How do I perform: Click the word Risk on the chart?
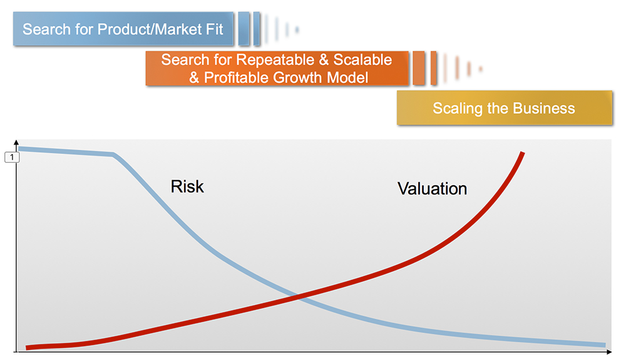pyautogui.click(x=187, y=187)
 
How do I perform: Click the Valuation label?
pyautogui.click(x=432, y=188)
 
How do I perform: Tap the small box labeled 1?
pyautogui.click(x=12, y=157)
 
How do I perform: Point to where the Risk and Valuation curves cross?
pyautogui.click(x=297, y=297)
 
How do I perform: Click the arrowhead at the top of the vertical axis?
pyautogui.click(x=16, y=142)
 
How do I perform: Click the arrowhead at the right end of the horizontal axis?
pyautogui.click(x=609, y=352)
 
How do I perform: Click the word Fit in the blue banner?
pyautogui.click(x=214, y=29)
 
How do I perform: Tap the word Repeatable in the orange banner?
pyautogui.click(x=275, y=59)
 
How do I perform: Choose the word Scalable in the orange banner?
pyautogui.click(x=362, y=59)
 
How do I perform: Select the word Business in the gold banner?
pyautogui.click(x=544, y=108)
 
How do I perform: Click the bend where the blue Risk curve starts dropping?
pyautogui.click(x=113, y=155)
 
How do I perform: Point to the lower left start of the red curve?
pyautogui.click(x=26, y=347)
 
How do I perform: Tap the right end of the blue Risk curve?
pyautogui.click(x=605, y=345)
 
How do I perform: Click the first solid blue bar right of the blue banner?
pyautogui.click(x=244, y=29)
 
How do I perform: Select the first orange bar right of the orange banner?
pyautogui.click(x=418, y=68)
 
